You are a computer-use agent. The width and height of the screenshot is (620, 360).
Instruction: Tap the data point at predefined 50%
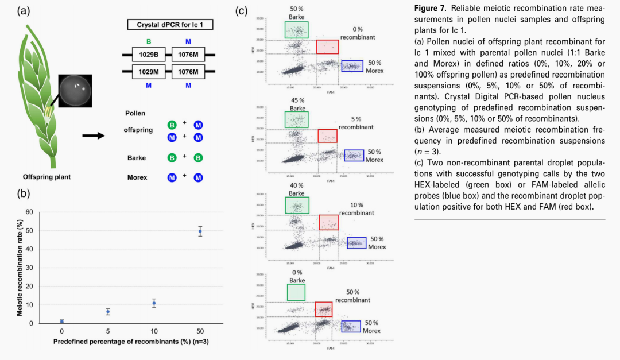pyautogui.click(x=200, y=231)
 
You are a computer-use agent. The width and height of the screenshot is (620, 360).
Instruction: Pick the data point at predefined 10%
pyautogui.click(x=154, y=303)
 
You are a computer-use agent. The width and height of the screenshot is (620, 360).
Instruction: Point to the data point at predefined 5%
pyautogui.click(x=107, y=312)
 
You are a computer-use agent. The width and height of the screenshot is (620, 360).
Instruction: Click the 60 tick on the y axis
pyautogui.click(x=29, y=212)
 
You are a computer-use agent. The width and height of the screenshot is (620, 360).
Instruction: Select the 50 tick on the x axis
pyautogui.click(x=200, y=332)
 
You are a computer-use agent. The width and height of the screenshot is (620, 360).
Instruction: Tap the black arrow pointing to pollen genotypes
pyautogui.click(x=94, y=136)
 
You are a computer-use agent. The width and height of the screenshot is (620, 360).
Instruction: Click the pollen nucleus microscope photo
pyautogui.click(x=75, y=91)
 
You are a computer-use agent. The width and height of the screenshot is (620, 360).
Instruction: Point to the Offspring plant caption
pyautogui.click(x=47, y=177)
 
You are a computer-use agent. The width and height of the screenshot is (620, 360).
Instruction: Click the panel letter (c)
pyautogui.click(x=242, y=10)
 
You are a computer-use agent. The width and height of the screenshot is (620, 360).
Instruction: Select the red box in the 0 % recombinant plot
pyautogui.click(x=327, y=47)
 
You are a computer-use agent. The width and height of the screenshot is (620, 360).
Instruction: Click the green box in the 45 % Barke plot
pyautogui.click(x=296, y=119)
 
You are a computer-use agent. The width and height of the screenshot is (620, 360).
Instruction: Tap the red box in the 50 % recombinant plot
pyautogui.click(x=323, y=309)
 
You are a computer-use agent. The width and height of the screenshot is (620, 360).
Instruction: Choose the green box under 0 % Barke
pyautogui.click(x=296, y=292)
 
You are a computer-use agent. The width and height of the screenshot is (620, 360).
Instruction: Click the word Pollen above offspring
pyautogui.click(x=135, y=114)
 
